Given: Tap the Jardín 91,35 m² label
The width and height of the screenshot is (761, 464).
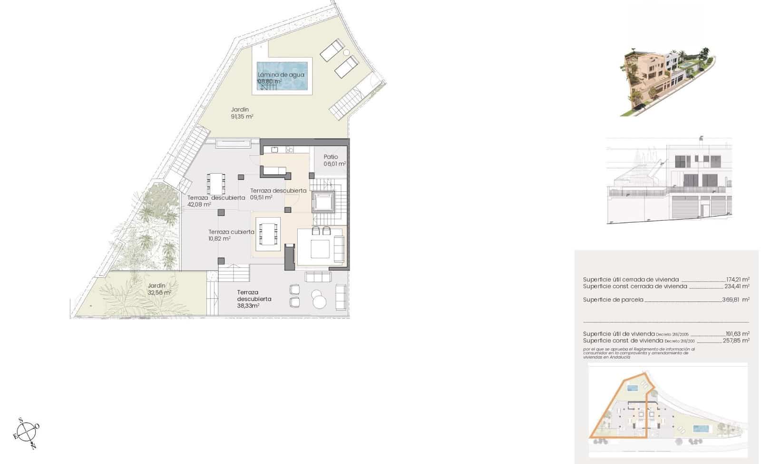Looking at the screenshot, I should [242, 113].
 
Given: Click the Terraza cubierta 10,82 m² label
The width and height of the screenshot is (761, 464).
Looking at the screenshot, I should [231, 235].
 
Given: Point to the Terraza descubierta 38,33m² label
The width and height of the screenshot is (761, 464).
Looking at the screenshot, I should [254, 299].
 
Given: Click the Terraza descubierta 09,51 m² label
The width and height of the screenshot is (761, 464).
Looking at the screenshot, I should [278, 194].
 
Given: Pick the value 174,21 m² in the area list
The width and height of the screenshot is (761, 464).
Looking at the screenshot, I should [738, 279].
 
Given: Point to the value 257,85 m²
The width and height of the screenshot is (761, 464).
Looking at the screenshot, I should [737, 341].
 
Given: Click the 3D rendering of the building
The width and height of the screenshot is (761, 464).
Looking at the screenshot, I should [666, 81].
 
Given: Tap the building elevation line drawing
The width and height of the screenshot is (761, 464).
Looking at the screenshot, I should [669, 181].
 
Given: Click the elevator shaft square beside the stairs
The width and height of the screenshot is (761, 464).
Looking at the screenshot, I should [324, 202].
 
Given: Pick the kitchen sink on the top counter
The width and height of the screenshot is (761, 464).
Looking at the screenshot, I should [274, 150].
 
